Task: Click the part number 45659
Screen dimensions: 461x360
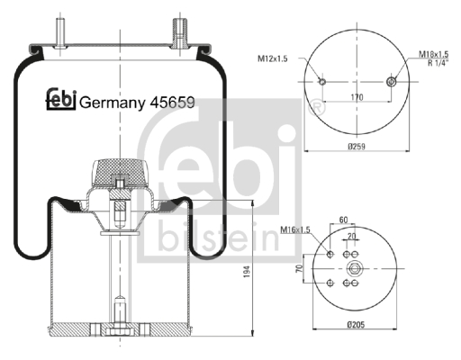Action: point(172,103)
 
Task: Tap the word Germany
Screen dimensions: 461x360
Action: point(112,103)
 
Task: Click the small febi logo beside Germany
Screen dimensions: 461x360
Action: point(61,99)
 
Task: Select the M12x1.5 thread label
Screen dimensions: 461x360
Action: point(273,58)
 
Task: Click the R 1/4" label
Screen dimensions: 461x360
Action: point(438,63)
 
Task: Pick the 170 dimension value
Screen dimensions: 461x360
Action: point(357,97)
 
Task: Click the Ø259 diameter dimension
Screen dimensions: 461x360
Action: point(357,147)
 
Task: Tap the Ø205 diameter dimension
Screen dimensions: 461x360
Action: point(356,324)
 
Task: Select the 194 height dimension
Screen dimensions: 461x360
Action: point(247,271)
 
